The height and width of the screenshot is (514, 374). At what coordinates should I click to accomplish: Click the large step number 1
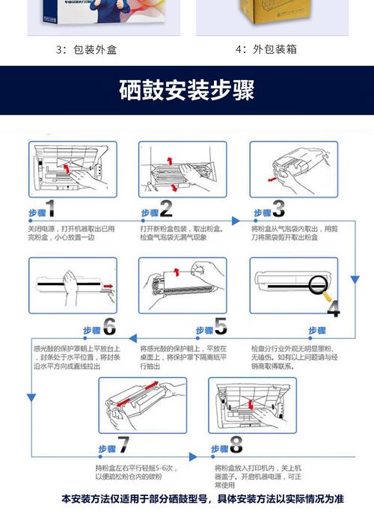click(x=50, y=209)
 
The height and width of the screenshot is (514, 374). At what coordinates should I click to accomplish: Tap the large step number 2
click(x=165, y=209)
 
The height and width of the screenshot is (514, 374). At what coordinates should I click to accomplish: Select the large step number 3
click(x=278, y=209)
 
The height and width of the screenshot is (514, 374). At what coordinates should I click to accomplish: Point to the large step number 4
click(x=333, y=308)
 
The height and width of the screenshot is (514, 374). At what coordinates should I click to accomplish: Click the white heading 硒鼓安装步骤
click(x=187, y=90)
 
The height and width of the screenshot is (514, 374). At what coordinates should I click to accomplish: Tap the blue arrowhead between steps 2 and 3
click(x=235, y=220)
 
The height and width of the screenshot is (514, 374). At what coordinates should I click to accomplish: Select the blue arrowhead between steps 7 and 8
click(x=196, y=454)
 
